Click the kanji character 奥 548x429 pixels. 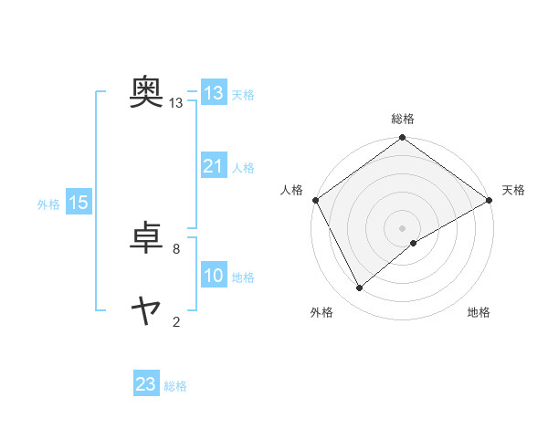pos(146,91)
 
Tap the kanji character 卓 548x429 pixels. pos(146,238)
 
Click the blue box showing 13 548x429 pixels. pos(213,93)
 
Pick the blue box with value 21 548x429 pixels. pos(213,166)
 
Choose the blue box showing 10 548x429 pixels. pos(213,277)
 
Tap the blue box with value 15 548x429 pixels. pos(79,204)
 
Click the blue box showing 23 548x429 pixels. pos(146,384)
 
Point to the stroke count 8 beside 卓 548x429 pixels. pos(176,247)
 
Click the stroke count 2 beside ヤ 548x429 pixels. pos(176,321)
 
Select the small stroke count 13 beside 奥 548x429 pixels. pos(176,103)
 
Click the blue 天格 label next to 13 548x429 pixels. pos(243,94)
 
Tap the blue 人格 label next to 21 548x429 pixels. pos(243,168)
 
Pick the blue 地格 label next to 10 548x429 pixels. pos(243,277)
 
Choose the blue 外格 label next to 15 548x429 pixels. pos(48,204)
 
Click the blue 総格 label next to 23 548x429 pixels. pos(176,386)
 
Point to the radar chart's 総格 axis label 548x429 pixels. pos(402,119)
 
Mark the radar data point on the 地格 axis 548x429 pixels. pos(414,243)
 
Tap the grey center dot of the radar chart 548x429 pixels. pos(402,227)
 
